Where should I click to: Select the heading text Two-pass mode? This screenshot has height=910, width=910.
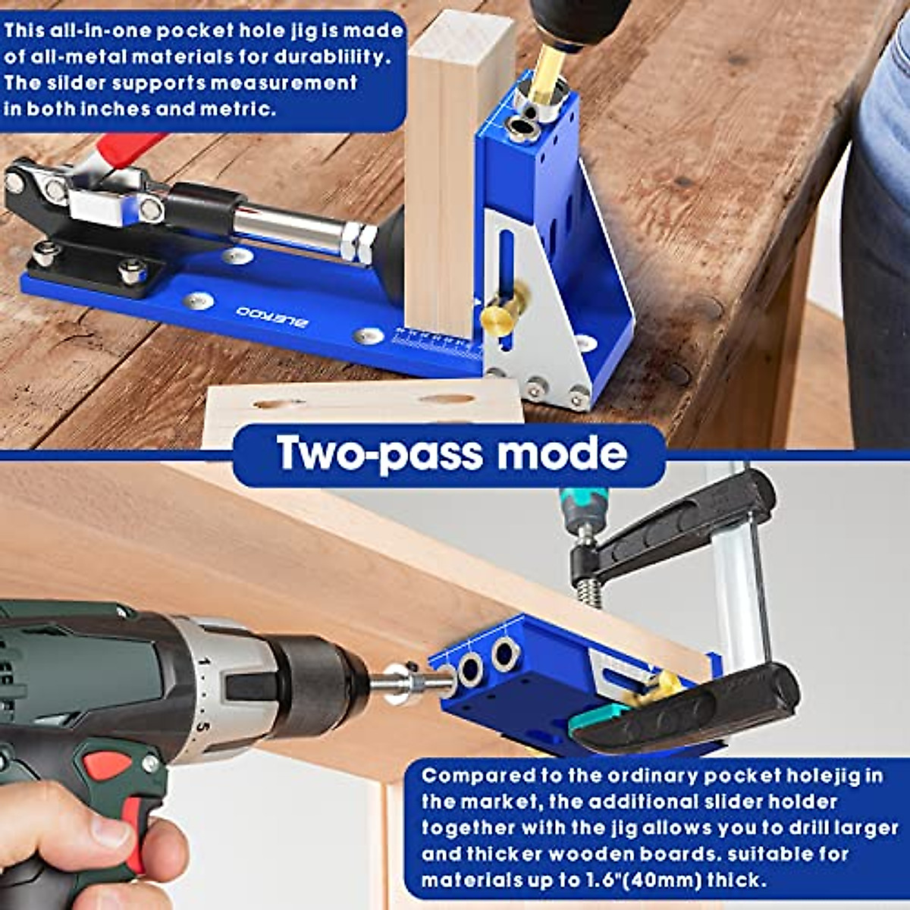tap(452, 453)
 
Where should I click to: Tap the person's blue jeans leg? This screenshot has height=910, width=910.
tap(880, 227)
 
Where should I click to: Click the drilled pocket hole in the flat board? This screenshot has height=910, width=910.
tap(447, 399)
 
